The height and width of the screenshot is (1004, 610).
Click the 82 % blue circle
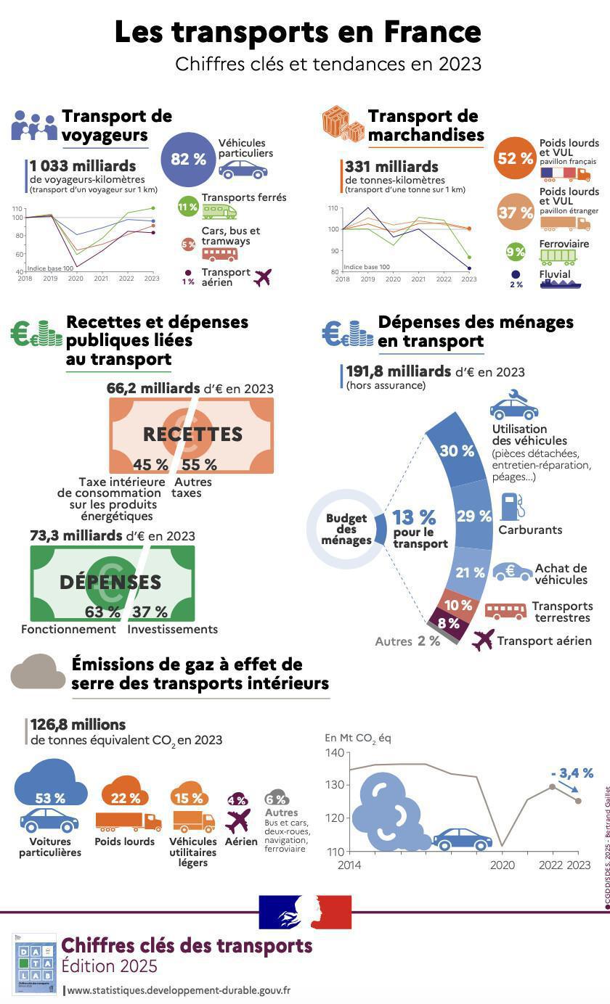pos(189,160)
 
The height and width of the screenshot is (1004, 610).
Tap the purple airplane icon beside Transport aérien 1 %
pos(263,277)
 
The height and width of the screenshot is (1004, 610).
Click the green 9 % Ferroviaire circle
pos(516,252)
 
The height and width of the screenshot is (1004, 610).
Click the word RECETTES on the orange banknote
pos(192,434)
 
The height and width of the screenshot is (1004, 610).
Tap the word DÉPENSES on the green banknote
pos(110,582)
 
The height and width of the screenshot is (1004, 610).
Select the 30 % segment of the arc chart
pos(457,451)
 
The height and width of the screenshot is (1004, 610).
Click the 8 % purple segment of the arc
pos(448,622)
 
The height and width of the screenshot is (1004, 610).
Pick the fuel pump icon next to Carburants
pos(512,506)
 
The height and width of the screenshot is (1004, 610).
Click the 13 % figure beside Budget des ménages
pos(414,517)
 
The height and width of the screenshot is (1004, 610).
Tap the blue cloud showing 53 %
pos(50,787)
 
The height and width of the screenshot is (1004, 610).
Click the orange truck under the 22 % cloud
pos(128,821)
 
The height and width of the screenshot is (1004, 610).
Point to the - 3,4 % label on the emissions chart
pos(572,773)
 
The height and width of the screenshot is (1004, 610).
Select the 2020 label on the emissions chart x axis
pos(502,865)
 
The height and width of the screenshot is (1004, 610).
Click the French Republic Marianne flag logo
pos(305,912)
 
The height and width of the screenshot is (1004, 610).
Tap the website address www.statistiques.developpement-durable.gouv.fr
pos(179,989)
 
